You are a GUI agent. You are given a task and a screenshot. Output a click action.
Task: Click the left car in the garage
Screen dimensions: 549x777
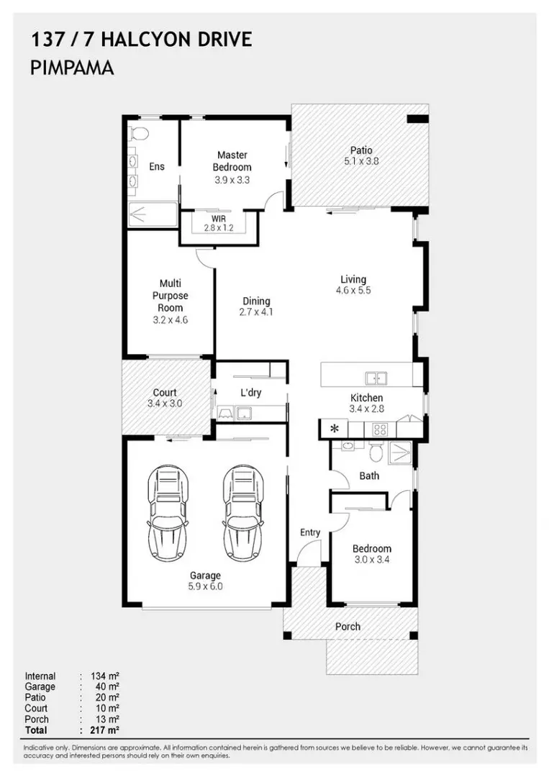pyautogui.click(x=168, y=514)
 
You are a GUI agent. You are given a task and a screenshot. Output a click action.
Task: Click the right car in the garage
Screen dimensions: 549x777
pyautogui.click(x=243, y=514)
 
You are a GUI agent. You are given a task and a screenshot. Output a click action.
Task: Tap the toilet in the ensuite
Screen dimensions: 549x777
pyautogui.click(x=140, y=134)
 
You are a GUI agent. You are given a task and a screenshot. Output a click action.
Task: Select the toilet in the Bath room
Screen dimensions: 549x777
pyautogui.click(x=376, y=451)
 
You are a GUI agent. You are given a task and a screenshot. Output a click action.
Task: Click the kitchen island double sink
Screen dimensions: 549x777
pyautogui.click(x=376, y=378)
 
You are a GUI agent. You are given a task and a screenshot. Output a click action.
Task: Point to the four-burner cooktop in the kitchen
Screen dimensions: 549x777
pyautogui.click(x=380, y=429)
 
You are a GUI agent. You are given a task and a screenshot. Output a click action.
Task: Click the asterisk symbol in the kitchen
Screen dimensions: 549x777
pyautogui.click(x=335, y=429)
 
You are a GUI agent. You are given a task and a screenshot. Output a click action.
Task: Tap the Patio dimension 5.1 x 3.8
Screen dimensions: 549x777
pyautogui.click(x=361, y=161)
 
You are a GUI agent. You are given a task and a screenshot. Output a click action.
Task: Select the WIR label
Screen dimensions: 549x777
pyautogui.click(x=219, y=219)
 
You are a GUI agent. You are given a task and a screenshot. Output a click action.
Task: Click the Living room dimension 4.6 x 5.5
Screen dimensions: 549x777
pyautogui.click(x=353, y=291)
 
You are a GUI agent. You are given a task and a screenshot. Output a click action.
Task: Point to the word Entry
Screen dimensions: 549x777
pyautogui.click(x=310, y=532)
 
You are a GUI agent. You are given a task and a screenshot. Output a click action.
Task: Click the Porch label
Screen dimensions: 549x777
pyautogui.click(x=348, y=627)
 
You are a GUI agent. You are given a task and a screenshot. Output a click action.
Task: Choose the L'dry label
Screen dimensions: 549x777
pyautogui.click(x=250, y=393)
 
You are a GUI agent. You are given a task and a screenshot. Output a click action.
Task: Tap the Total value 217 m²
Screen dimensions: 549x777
pyautogui.click(x=105, y=730)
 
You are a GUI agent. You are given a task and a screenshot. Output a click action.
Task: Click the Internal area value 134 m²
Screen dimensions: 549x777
pyautogui.click(x=105, y=676)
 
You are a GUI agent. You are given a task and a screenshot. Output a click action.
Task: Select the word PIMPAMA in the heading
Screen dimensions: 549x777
pyautogui.click(x=73, y=68)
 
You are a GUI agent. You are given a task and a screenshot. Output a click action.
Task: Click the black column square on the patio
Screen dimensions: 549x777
pyautogui.click(x=418, y=119)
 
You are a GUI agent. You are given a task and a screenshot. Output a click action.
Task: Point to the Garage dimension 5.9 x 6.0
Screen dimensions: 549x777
pyautogui.click(x=205, y=586)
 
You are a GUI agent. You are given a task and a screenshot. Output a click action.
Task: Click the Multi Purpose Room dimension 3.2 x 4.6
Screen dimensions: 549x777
pyautogui.click(x=170, y=319)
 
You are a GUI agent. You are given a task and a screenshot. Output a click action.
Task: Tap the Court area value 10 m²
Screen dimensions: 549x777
pyautogui.click(x=107, y=708)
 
